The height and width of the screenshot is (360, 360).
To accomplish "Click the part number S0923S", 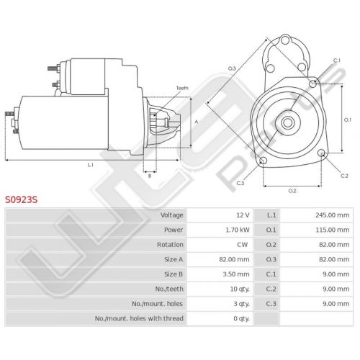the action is tap(22, 199).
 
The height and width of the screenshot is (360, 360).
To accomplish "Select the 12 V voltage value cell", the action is tap(243, 215).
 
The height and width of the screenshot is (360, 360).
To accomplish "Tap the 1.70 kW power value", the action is tap(238, 230).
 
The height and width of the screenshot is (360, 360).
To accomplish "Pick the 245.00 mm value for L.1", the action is tap(333, 215).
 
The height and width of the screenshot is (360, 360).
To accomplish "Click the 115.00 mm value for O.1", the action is tap(333, 230).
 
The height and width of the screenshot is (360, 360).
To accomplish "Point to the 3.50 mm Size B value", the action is tap(236, 274).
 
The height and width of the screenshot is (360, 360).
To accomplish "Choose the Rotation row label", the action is tap(170, 245).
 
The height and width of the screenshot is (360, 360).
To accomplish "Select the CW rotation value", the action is tap(242, 245).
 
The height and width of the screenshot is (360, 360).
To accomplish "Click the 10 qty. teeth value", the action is tap(240, 289).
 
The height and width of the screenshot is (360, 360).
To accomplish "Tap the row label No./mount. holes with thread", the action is tap(139, 318).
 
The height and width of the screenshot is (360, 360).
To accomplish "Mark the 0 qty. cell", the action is tap(242, 318).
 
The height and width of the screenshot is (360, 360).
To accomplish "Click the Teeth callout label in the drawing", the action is tap(182, 88).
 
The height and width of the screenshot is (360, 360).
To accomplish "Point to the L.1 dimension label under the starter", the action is tap(90, 165).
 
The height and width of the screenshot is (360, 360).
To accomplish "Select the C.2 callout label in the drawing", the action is tap(344, 176).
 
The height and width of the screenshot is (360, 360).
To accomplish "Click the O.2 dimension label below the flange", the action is tap(292, 191).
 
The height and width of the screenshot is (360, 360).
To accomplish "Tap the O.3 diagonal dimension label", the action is tap(232, 68).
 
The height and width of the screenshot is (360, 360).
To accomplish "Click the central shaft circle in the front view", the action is tap(287, 122).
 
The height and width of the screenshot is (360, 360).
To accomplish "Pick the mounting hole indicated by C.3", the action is tap(264, 161).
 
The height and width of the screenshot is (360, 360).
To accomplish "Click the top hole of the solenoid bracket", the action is tap(285, 40).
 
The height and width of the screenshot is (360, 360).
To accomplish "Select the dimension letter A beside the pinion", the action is tap(197, 122).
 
